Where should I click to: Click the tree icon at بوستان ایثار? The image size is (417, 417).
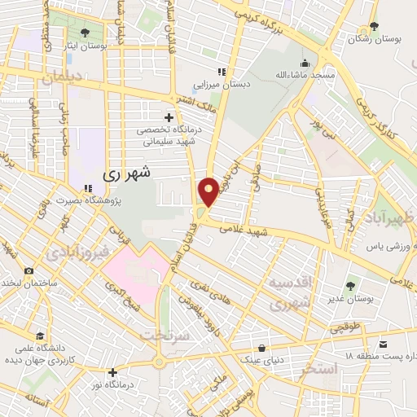tap(85, 33)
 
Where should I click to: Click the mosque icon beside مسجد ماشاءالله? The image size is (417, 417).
tap(305, 63)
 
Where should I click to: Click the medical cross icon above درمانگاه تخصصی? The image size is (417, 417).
tap(169, 118)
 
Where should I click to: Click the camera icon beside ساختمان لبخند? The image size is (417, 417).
tap(29, 270)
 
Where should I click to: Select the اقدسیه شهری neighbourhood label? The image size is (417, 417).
tap(291, 294)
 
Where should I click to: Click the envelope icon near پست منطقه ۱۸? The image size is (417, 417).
tap(362, 345)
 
